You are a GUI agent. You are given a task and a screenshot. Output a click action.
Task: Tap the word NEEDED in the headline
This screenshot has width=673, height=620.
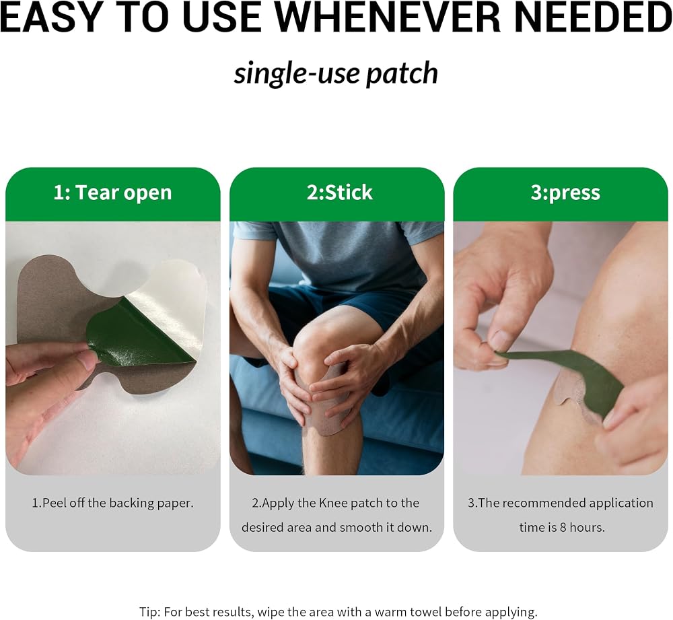(x=593, y=18)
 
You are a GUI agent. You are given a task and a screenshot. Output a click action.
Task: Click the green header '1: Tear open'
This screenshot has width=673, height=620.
(x=112, y=193)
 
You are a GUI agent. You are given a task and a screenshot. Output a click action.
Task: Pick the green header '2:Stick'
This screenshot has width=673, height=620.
(x=339, y=193)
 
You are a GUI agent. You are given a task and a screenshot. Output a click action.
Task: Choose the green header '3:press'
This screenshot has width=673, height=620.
(x=565, y=193)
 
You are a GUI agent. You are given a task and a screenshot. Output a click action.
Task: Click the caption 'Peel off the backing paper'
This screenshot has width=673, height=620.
(x=116, y=503)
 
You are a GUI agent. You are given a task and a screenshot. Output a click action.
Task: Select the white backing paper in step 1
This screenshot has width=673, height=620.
(x=172, y=300)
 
